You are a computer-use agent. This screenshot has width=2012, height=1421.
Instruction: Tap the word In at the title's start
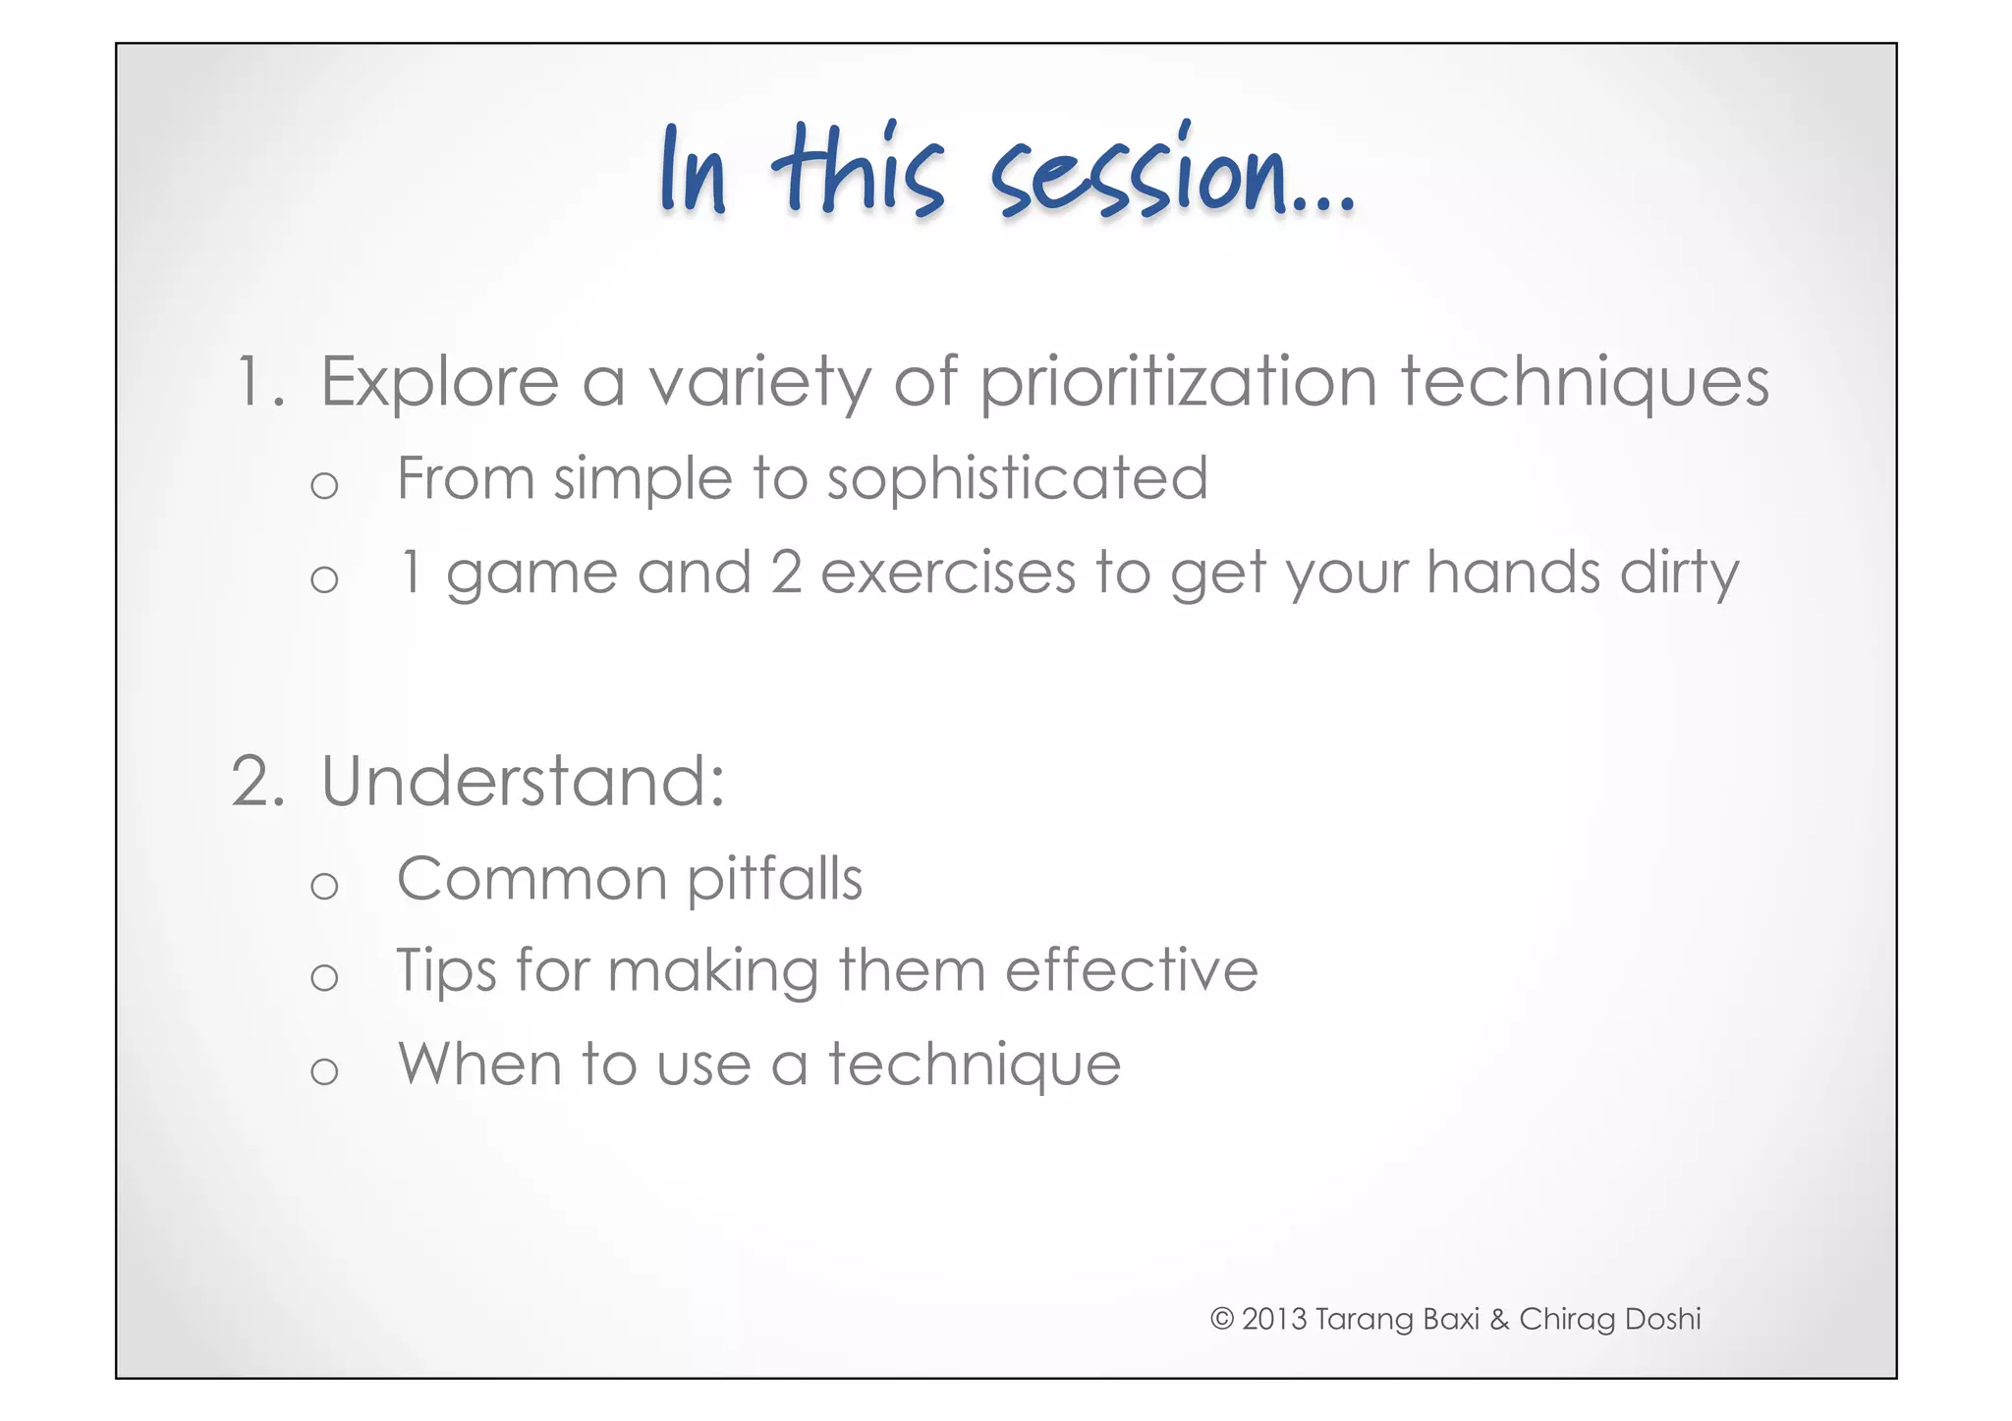(694, 173)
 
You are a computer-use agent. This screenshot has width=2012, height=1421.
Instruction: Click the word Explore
(439, 383)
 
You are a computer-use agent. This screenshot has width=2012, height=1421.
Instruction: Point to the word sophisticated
(1017, 479)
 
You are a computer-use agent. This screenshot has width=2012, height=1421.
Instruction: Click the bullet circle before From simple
(324, 485)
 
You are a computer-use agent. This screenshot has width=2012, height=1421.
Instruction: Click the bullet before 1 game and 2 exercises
(324, 579)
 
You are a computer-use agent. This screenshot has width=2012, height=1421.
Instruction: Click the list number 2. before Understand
(258, 782)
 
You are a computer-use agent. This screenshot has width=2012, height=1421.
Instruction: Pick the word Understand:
(523, 782)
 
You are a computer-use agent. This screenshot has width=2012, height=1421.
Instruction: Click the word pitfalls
(774, 878)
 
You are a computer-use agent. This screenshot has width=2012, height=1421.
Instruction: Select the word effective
(1131, 970)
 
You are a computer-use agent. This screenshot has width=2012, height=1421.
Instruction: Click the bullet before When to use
(324, 1071)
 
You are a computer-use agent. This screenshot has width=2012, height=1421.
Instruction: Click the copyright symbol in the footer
(1221, 1319)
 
